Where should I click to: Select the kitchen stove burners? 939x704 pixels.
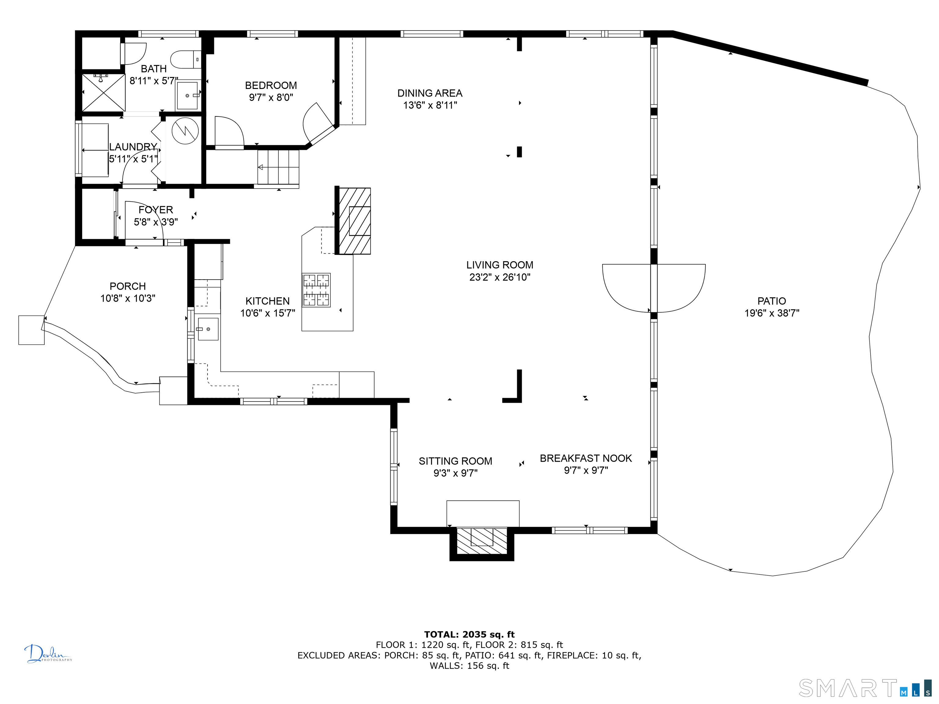tap(316, 290)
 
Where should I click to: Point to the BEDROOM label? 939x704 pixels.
tap(271, 85)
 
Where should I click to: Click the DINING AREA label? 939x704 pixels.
tap(429, 93)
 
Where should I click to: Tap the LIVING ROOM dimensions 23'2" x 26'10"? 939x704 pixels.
tap(500, 277)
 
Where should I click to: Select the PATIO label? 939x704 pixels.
tap(772, 301)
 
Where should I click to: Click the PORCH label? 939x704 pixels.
tap(128, 286)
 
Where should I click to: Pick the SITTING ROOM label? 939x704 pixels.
tap(455, 461)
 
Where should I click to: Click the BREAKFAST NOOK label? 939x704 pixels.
tap(586, 458)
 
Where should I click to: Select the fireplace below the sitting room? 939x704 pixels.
tap(482, 544)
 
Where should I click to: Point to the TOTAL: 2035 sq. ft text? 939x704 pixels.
tap(469, 634)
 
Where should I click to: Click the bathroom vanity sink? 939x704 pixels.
tap(187, 95)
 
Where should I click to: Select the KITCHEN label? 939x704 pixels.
tap(267, 301)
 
